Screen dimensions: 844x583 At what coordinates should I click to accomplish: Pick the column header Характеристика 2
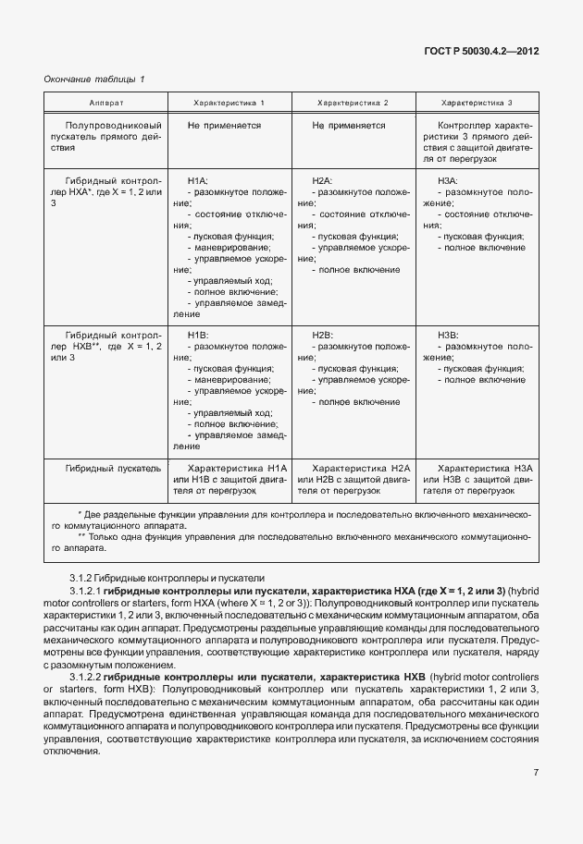pos(353,102)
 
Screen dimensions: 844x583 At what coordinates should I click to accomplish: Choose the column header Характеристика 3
pos(477,102)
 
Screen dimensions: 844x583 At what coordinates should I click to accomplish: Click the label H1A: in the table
pos(198,180)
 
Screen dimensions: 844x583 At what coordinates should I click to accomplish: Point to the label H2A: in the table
pos(322,180)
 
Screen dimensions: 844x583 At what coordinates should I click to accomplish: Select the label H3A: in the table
pos(447,180)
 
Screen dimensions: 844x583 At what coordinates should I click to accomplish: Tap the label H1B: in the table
pos(198,335)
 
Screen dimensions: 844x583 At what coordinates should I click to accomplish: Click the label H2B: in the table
pos(322,335)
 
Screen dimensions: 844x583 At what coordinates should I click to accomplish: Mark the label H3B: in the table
pos(447,335)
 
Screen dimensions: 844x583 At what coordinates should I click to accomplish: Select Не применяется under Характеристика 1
pos(223,124)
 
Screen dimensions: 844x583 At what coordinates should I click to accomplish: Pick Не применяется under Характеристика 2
pos(348,124)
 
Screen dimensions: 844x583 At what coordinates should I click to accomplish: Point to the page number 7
pos(536,773)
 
